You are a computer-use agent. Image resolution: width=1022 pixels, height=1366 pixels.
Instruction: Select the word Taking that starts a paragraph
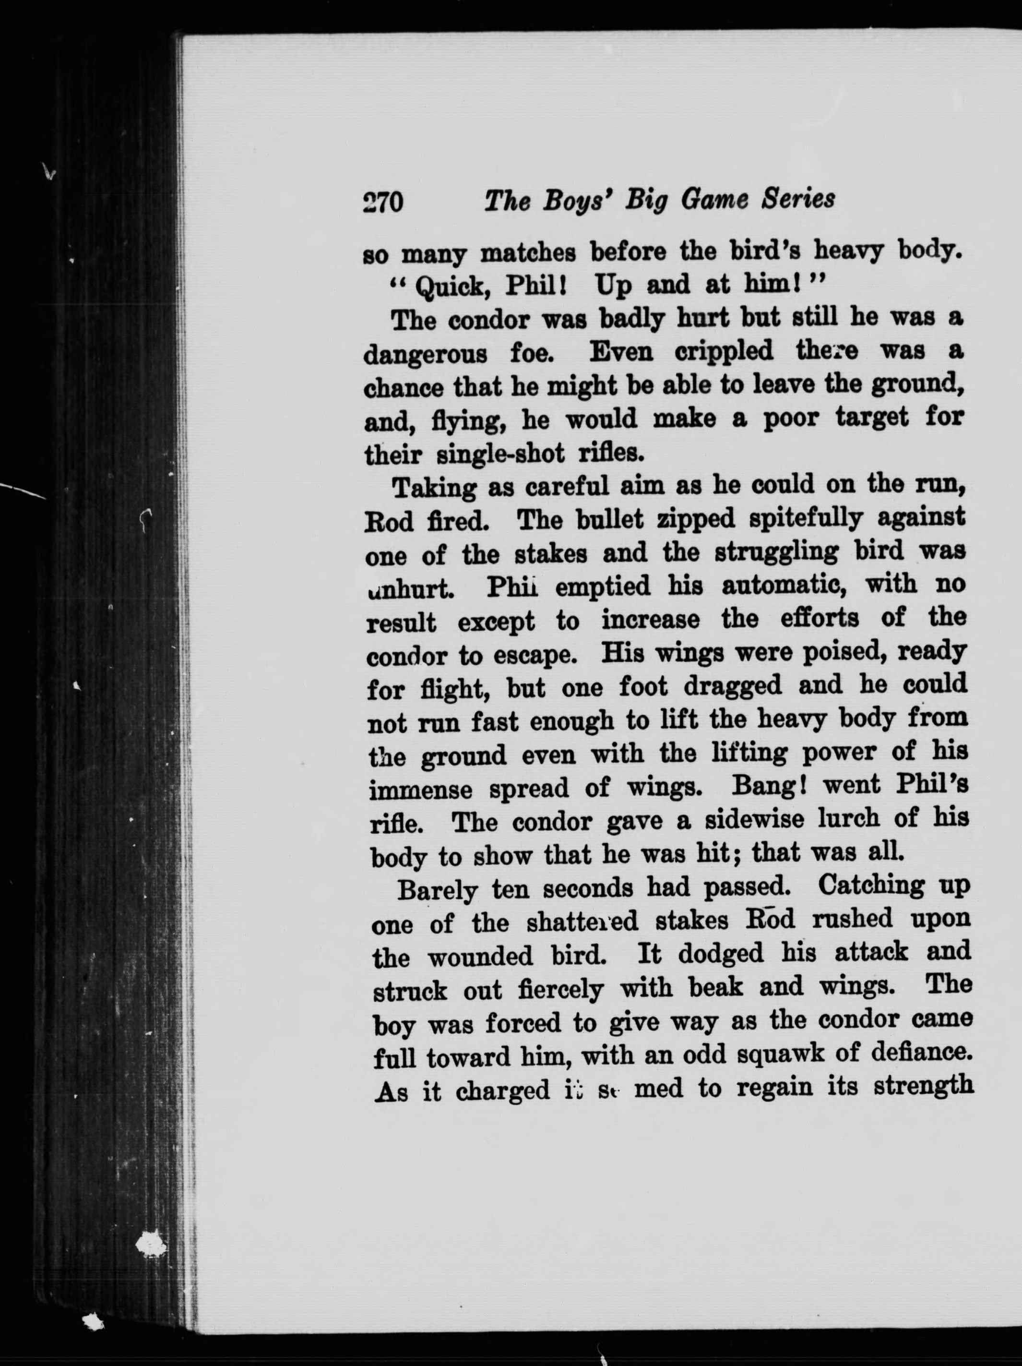(435, 489)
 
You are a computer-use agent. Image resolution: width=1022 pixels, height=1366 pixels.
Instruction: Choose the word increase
(651, 619)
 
